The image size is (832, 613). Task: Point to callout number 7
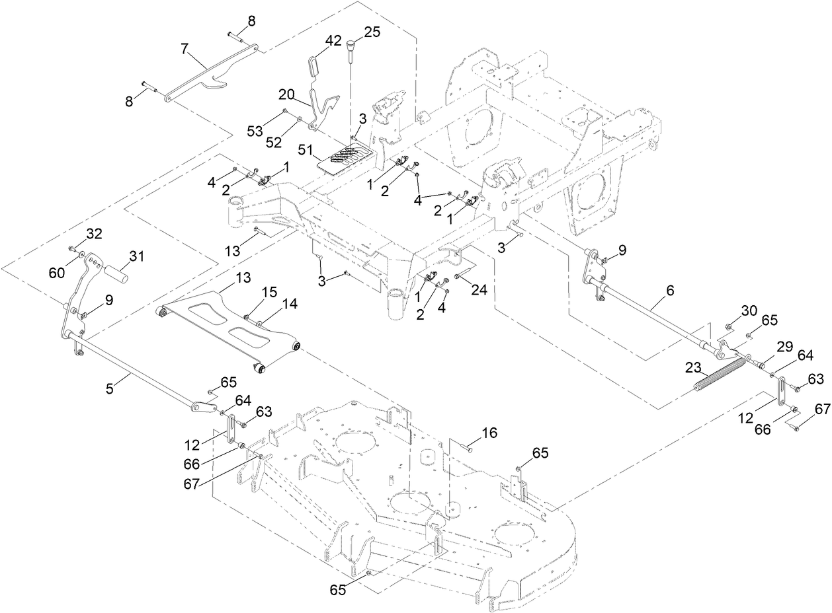point(185,48)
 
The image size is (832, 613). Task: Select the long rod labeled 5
point(132,371)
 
